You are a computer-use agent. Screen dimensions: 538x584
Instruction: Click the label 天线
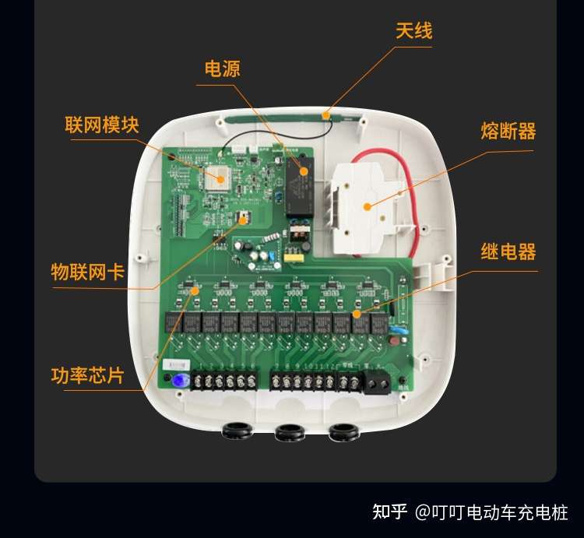[413, 31]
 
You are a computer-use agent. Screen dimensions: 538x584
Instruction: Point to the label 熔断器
[508, 132]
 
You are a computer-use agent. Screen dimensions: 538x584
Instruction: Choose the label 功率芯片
[87, 376]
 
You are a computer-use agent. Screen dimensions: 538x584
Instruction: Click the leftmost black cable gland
[235, 431]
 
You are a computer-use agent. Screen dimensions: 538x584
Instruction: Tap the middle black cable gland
[290, 432]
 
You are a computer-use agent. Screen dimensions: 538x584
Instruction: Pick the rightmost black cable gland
[343, 431]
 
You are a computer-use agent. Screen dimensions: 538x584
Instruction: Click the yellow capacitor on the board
[293, 255]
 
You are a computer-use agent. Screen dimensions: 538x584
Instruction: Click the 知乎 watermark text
[390, 512]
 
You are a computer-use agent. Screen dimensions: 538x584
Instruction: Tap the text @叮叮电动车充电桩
[491, 512]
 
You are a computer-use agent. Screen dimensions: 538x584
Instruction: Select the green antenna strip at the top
[273, 116]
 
